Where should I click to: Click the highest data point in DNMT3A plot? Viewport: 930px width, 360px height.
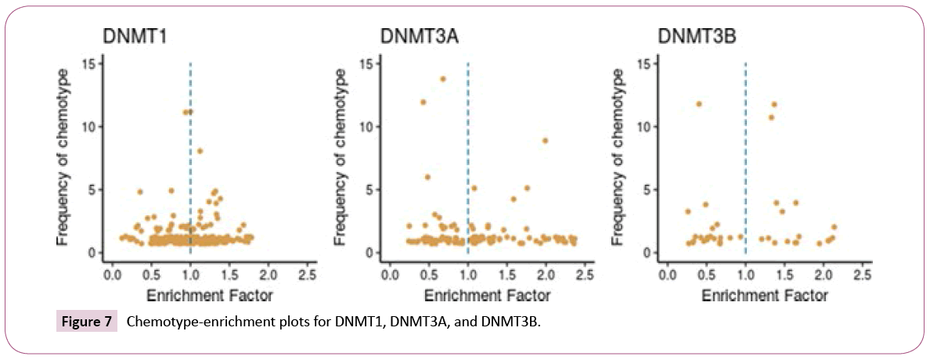coord(442,79)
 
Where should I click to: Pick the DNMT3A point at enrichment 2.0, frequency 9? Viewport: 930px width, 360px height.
coord(545,141)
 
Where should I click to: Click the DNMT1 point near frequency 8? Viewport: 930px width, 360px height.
coord(200,151)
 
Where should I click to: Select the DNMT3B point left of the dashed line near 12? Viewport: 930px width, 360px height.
coord(698,104)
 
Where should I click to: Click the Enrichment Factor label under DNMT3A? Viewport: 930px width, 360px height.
coord(487,296)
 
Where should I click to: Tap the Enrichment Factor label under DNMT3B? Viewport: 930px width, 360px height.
coord(764,296)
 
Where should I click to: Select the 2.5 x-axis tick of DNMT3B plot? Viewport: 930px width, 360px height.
coord(861,275)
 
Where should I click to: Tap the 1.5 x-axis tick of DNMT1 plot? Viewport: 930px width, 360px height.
coord(229,275)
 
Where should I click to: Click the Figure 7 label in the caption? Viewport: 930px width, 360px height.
coord(86,322)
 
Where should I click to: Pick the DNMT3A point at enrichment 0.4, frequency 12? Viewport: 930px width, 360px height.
coord(423,102)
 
